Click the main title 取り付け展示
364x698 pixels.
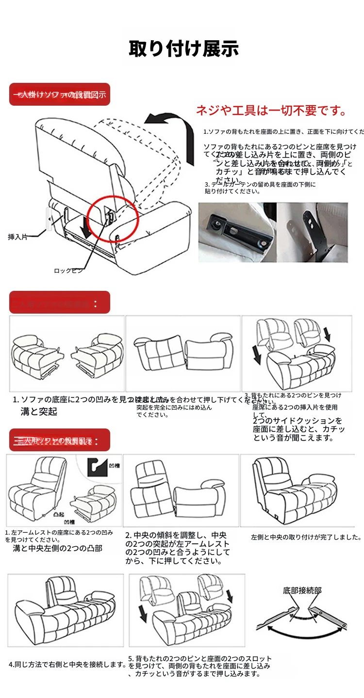coord(183,49)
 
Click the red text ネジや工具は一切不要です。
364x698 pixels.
coord(271,111)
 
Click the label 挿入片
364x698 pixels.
coord(18,237)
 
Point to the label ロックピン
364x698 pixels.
coord(68,271)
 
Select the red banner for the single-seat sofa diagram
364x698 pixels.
coord(60,95)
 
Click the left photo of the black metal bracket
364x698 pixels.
coord(237,233)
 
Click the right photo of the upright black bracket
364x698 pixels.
coord(313,233)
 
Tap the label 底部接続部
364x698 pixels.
coord(302,590)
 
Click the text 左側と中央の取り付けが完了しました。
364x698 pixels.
coord(306,537)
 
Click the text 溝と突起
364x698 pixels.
coord(39,412)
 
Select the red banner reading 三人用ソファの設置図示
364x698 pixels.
coord(60,441)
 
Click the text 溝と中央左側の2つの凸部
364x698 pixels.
coord(57,549)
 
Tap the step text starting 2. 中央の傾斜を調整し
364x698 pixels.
coord(177,548)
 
